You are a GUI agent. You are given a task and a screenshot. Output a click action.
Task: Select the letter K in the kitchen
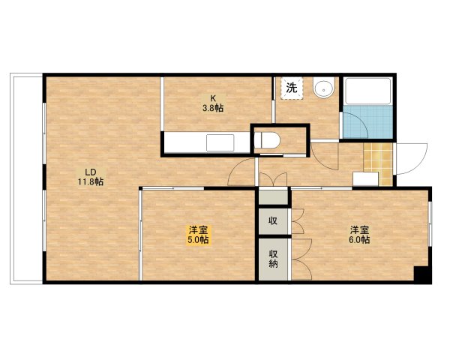tap(212, 97)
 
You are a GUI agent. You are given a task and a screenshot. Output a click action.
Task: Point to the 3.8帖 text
tap(212, 108)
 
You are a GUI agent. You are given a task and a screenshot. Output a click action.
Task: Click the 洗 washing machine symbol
tap(292, 88)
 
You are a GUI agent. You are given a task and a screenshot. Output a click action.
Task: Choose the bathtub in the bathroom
tap(367, 94)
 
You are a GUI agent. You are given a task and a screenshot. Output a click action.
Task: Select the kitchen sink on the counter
tap(221, 143)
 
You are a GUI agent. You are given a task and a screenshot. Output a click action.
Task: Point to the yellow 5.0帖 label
tap(199, 240)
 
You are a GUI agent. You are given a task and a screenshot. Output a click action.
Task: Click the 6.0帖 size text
tap(358, 240)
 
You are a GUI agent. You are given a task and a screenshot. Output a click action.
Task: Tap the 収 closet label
tap(273, 221)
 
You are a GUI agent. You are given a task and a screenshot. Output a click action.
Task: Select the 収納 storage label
tap(273, 259)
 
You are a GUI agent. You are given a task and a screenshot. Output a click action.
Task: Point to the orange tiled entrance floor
tap(377, 159)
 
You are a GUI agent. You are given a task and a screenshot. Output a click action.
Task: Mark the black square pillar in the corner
tap(423, 274)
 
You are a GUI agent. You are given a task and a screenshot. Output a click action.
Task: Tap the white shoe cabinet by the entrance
tap(365, 178)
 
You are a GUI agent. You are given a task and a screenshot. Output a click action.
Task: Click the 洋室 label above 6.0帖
tap(358, 229)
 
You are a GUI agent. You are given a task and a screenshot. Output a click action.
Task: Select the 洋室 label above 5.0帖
tap(199, 229)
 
